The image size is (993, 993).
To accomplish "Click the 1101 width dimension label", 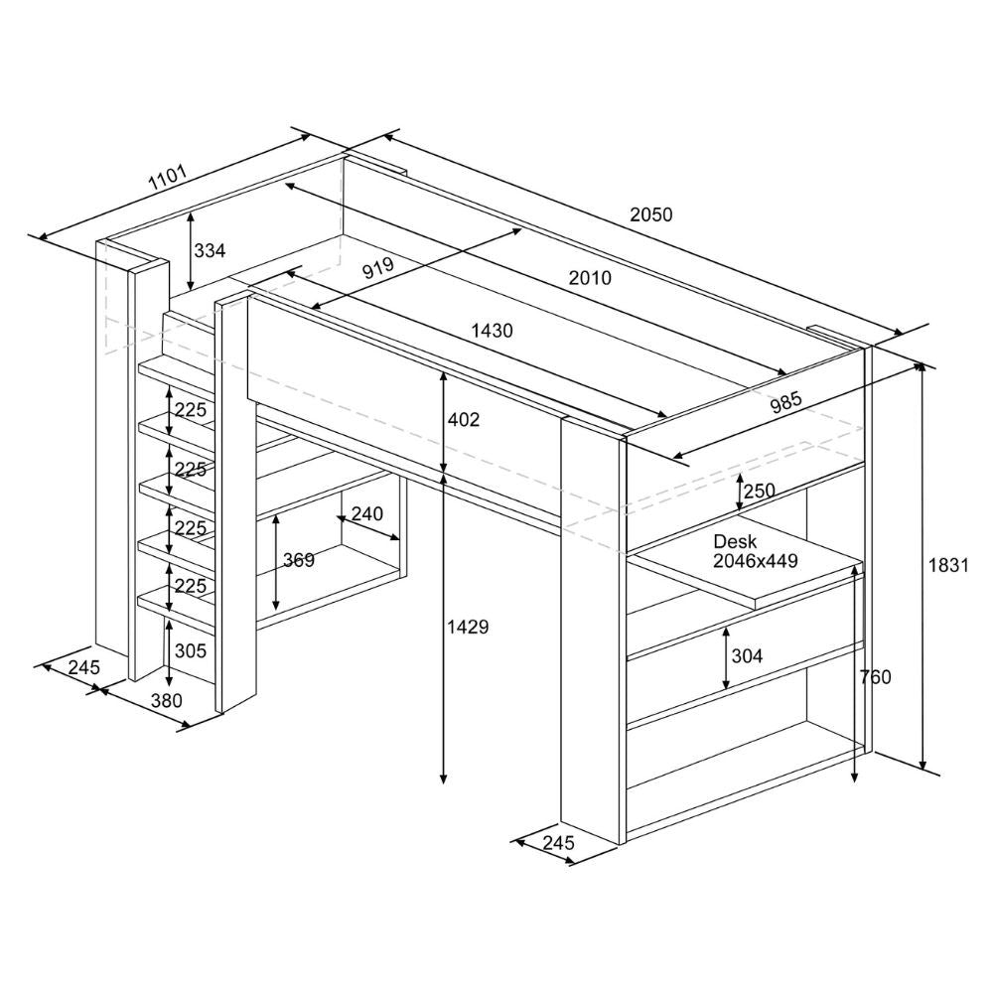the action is pyautogui.click(x=168, y=178).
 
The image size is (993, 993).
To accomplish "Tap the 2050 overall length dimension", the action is pyautogui.click(x=651, y=214).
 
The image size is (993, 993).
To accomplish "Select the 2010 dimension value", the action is pyautogui.click(x=590, y=277).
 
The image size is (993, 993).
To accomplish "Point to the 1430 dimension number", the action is pyautogui.click(x=493, y=331).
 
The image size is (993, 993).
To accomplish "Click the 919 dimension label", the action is pyautogui.click(x=378, y=268).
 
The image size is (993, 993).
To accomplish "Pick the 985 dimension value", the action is pyautogui.click(x=785, y=402).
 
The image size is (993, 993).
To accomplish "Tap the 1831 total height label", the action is pyautogui.click(x=948, y=565).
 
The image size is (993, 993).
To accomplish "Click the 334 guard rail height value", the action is pyautogui.click(x=210, y=251).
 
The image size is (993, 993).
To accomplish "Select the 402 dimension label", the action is pyautogui.click(x=464, y=419).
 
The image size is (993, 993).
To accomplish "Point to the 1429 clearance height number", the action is pyautogui.click(x=468, y=627).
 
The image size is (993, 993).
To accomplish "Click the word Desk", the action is pyautogui.click(x=735, y=541).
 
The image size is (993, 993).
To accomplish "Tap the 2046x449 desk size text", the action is pyautogui.click(x=756, y=560).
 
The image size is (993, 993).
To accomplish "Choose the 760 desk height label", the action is pyautogui.click(x=876, y=677).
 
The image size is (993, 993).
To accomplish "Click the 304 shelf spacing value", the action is pyautogui.click(x=748, y=656).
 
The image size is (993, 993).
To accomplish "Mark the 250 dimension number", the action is pyautogui.click(x=760, y=491).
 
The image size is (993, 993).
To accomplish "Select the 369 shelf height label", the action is pyautogui.click(x=299, y=560).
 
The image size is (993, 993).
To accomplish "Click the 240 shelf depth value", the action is pyautogui.click(x=367, y=513).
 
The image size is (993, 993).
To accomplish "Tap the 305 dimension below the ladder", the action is pyautogui.click(x=191, y=650).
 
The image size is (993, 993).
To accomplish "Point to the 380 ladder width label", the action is pyautogui.click(x=167, y=700).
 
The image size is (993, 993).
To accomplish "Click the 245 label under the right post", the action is pyautogui.click(x=558, y=843).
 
